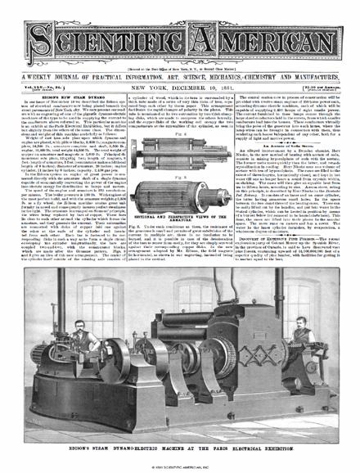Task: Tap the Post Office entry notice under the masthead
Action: pos(179,45)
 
